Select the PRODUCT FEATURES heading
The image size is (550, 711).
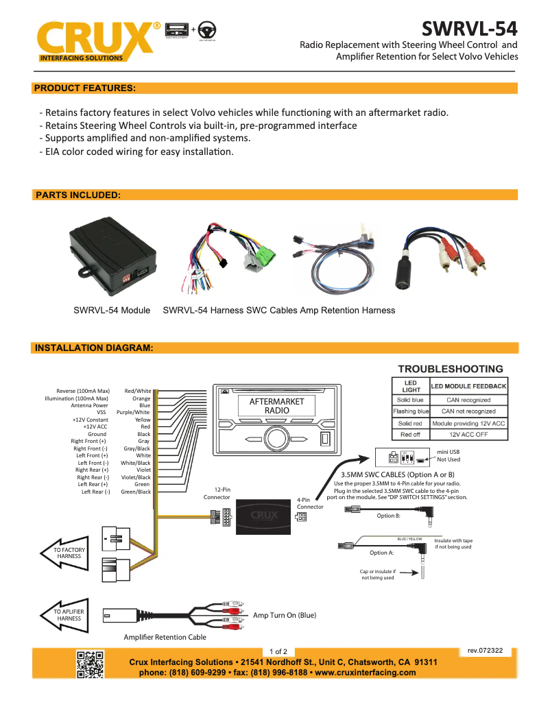(84, 88)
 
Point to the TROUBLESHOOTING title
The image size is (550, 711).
(451, 369)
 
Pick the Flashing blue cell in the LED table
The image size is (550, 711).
(411, 411)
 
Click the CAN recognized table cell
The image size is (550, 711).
(468, 400)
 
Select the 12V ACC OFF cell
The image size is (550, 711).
(468, 435)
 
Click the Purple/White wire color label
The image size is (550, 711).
(133, 412)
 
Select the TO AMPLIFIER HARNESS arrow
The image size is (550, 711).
(68, 614)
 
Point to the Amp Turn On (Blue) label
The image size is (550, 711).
(285, 615)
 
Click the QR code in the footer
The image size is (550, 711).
(90, 664)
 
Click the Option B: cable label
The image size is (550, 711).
(389, 516)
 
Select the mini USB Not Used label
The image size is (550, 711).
(449, 455)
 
